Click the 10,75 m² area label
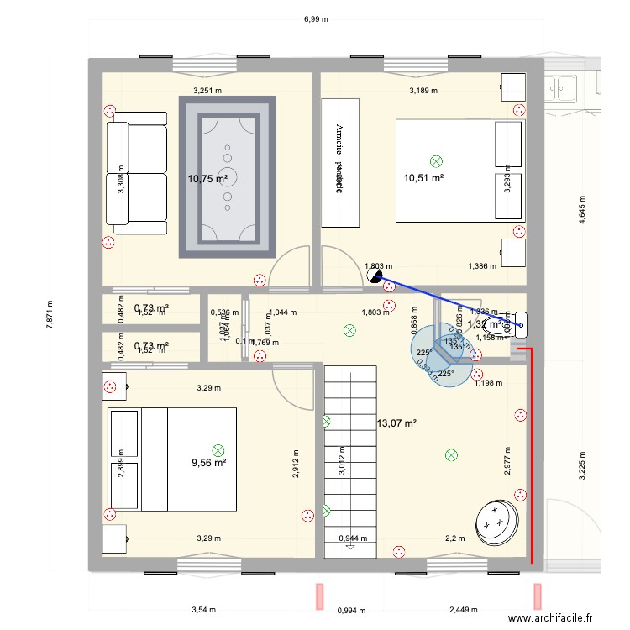click(x=208, y=178)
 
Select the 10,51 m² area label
click(x=423, y=177)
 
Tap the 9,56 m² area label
click(x=208, y=462)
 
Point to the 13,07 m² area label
click(x=396, y=423)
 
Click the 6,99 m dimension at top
click(x=315, y=18)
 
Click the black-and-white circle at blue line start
click(x=375, y=275)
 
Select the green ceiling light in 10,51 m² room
click(x=435, y=160)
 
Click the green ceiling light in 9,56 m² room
click(x=218, y=450)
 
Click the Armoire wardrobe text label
click(x=339, y=161)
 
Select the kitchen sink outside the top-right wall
click(x=562, y=86)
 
